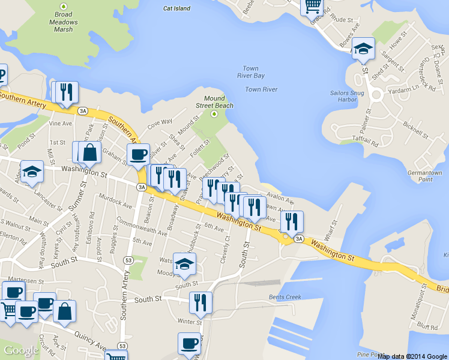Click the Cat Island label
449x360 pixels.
coord(176,8)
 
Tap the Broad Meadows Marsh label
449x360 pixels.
coord(63,22)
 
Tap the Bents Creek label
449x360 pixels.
coord(285,297)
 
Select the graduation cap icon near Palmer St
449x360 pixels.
coord(363,49)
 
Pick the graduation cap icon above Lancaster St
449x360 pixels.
coord(32,172)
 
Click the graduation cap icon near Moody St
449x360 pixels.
coord(184,263)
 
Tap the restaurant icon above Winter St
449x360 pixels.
coord(200,303)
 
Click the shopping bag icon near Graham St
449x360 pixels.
coord(89,152)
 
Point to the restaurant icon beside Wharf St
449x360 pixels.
coord(292,222)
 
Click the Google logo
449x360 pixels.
coord(21,350)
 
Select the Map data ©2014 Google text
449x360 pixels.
coord(412,356)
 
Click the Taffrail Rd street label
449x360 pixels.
coord(366,142)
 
